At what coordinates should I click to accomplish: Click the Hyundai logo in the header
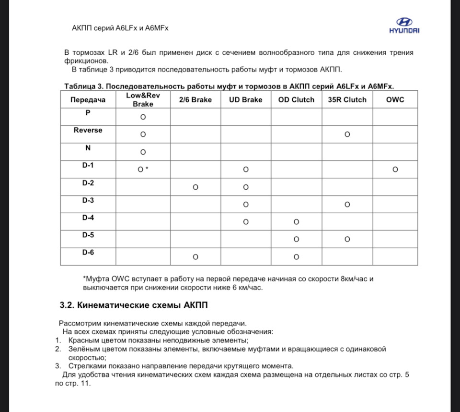pos(404,25)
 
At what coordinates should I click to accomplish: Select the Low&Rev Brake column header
pos(143,100)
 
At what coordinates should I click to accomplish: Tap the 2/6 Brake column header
pos(195,100)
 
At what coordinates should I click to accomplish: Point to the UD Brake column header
pos(246,100)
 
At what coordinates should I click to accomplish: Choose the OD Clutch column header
pos(296,100)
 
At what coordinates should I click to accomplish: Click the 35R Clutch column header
pos(347,100)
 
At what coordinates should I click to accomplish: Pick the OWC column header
pos(395,100)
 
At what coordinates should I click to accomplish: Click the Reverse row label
pos(88,130)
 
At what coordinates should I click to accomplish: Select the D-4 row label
pos(88,218)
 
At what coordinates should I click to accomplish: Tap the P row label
pos(88,112)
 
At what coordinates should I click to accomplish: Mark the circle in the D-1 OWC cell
pos(395,170)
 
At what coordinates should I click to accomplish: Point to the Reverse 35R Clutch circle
pos(347,134)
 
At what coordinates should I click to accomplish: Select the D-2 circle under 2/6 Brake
pos(195,187)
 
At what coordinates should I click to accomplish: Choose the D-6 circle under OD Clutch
pos(296,257)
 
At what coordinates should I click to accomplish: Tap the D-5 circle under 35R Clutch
pos(347,239)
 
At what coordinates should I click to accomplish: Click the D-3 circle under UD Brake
pos(246,205)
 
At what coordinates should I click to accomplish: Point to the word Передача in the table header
pos(88,100)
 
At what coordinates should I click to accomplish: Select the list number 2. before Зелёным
pos(57,349)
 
